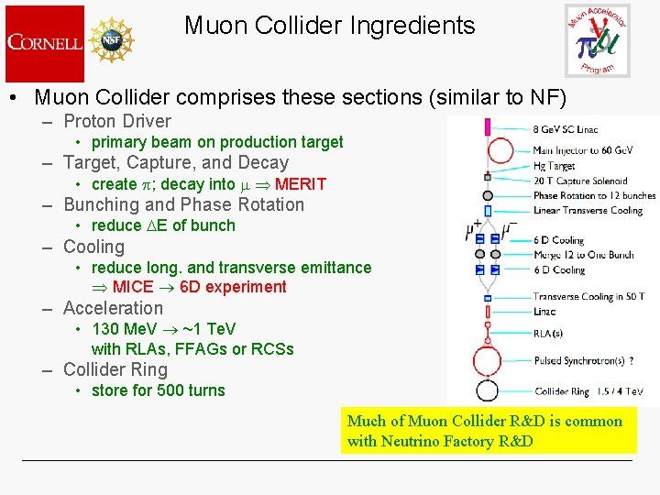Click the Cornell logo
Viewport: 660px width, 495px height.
point(44,42)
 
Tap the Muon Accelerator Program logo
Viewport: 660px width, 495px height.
point(597,40)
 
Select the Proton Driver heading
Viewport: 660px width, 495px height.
point(117,121)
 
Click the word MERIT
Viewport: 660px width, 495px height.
point(300,184)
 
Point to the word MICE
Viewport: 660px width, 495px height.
point(133,287)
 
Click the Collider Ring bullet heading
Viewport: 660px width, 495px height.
point(115,370)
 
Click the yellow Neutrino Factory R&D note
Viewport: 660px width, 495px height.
point(488,431)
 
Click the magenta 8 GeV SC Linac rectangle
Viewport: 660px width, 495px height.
point(488,126)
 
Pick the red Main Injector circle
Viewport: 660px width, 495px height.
point(488,149)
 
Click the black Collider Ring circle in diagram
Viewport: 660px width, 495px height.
point(487,390)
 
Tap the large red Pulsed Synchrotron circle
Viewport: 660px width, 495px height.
point(487,361)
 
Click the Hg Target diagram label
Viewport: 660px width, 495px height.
point(554,167)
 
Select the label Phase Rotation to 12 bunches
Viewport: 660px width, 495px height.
point(594,195)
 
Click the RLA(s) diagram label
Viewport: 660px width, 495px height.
point(548,334)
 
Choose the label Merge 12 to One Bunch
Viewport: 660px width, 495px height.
point(583,255)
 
